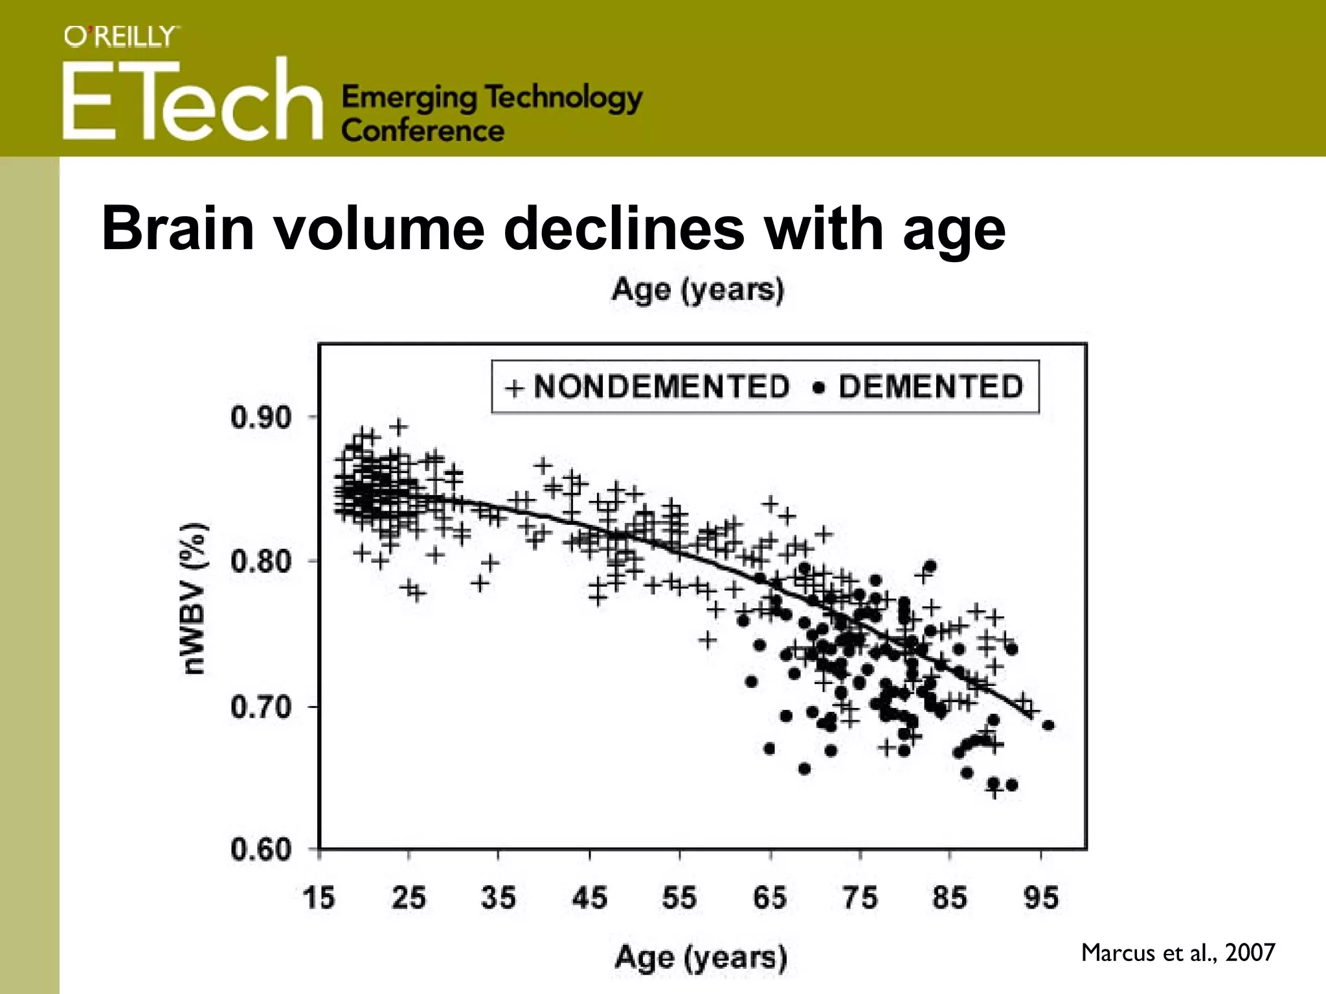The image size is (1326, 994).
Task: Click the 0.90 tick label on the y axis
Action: click(x=262, y=417)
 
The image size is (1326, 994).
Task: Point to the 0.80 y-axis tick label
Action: click(x=262, y=561)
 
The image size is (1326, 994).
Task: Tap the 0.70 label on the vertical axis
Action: click(x=262, y=707)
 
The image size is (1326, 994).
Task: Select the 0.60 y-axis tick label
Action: click(x=262, y=849)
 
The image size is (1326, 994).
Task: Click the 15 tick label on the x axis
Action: click(x=319, y=898)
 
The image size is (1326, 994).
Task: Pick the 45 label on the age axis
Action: click(x=589, y=898)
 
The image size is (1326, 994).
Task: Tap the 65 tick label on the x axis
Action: click(x=770, y=898)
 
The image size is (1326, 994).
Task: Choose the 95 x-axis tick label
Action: click(x=1041, y=898)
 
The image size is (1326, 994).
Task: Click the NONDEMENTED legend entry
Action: click(x=662, y=387)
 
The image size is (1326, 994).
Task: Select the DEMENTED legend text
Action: click(x=931, y=387)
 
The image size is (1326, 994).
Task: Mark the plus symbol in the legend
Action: click(x=514, y=388)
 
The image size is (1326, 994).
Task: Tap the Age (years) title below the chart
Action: click(x=701, y=958)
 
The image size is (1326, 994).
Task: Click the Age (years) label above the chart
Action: click(x=697, y=289)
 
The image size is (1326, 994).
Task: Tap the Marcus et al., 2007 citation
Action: click(x=1178, y=953)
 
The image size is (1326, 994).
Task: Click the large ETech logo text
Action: click(x=192, y=100)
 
